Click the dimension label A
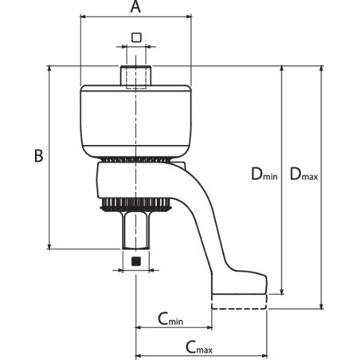point(135,6)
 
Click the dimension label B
point(39,155)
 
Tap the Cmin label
point(170,319)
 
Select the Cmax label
point(199,347)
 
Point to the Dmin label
point(264,174)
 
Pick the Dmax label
point(303,174)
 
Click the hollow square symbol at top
point(136,37)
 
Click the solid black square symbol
point(136,261)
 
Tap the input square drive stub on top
point(136,76)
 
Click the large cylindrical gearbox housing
point(135,122)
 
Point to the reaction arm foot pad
point(239,283)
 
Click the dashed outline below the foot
point(239,302)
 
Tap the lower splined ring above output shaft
point(135,205)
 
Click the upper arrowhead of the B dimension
point(49,68)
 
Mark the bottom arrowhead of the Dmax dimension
point(321,306)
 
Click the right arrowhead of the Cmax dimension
point(264,355)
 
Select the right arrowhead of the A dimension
point(188,17)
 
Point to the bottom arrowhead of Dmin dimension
point(282,291)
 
